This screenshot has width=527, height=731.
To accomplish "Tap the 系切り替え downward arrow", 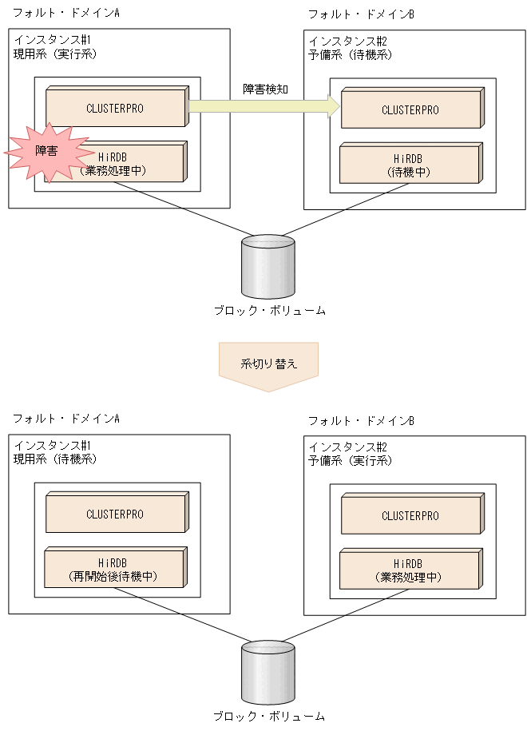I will (x=268, y=366).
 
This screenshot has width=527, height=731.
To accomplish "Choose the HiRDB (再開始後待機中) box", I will (x=116, y=569).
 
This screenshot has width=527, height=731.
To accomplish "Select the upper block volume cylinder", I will (x=268, y=265).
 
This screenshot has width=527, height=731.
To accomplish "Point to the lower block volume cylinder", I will (x=268, y=671).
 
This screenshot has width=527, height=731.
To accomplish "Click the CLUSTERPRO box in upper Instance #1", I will (x=116, y=109).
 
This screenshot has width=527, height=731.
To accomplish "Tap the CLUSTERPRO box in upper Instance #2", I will (x=411, y=109).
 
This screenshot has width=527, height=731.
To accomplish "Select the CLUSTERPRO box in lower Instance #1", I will (x=116, y=514).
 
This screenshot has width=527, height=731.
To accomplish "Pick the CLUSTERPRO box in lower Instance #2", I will (x=411, y=516).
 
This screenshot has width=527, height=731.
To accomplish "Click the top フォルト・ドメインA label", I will (x=66, y=14).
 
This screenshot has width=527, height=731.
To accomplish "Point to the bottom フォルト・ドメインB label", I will (x=361, y=420).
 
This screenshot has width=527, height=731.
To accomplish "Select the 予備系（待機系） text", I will (x=351, y=54).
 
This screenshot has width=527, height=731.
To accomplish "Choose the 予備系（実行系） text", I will (x=351, y=461).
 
